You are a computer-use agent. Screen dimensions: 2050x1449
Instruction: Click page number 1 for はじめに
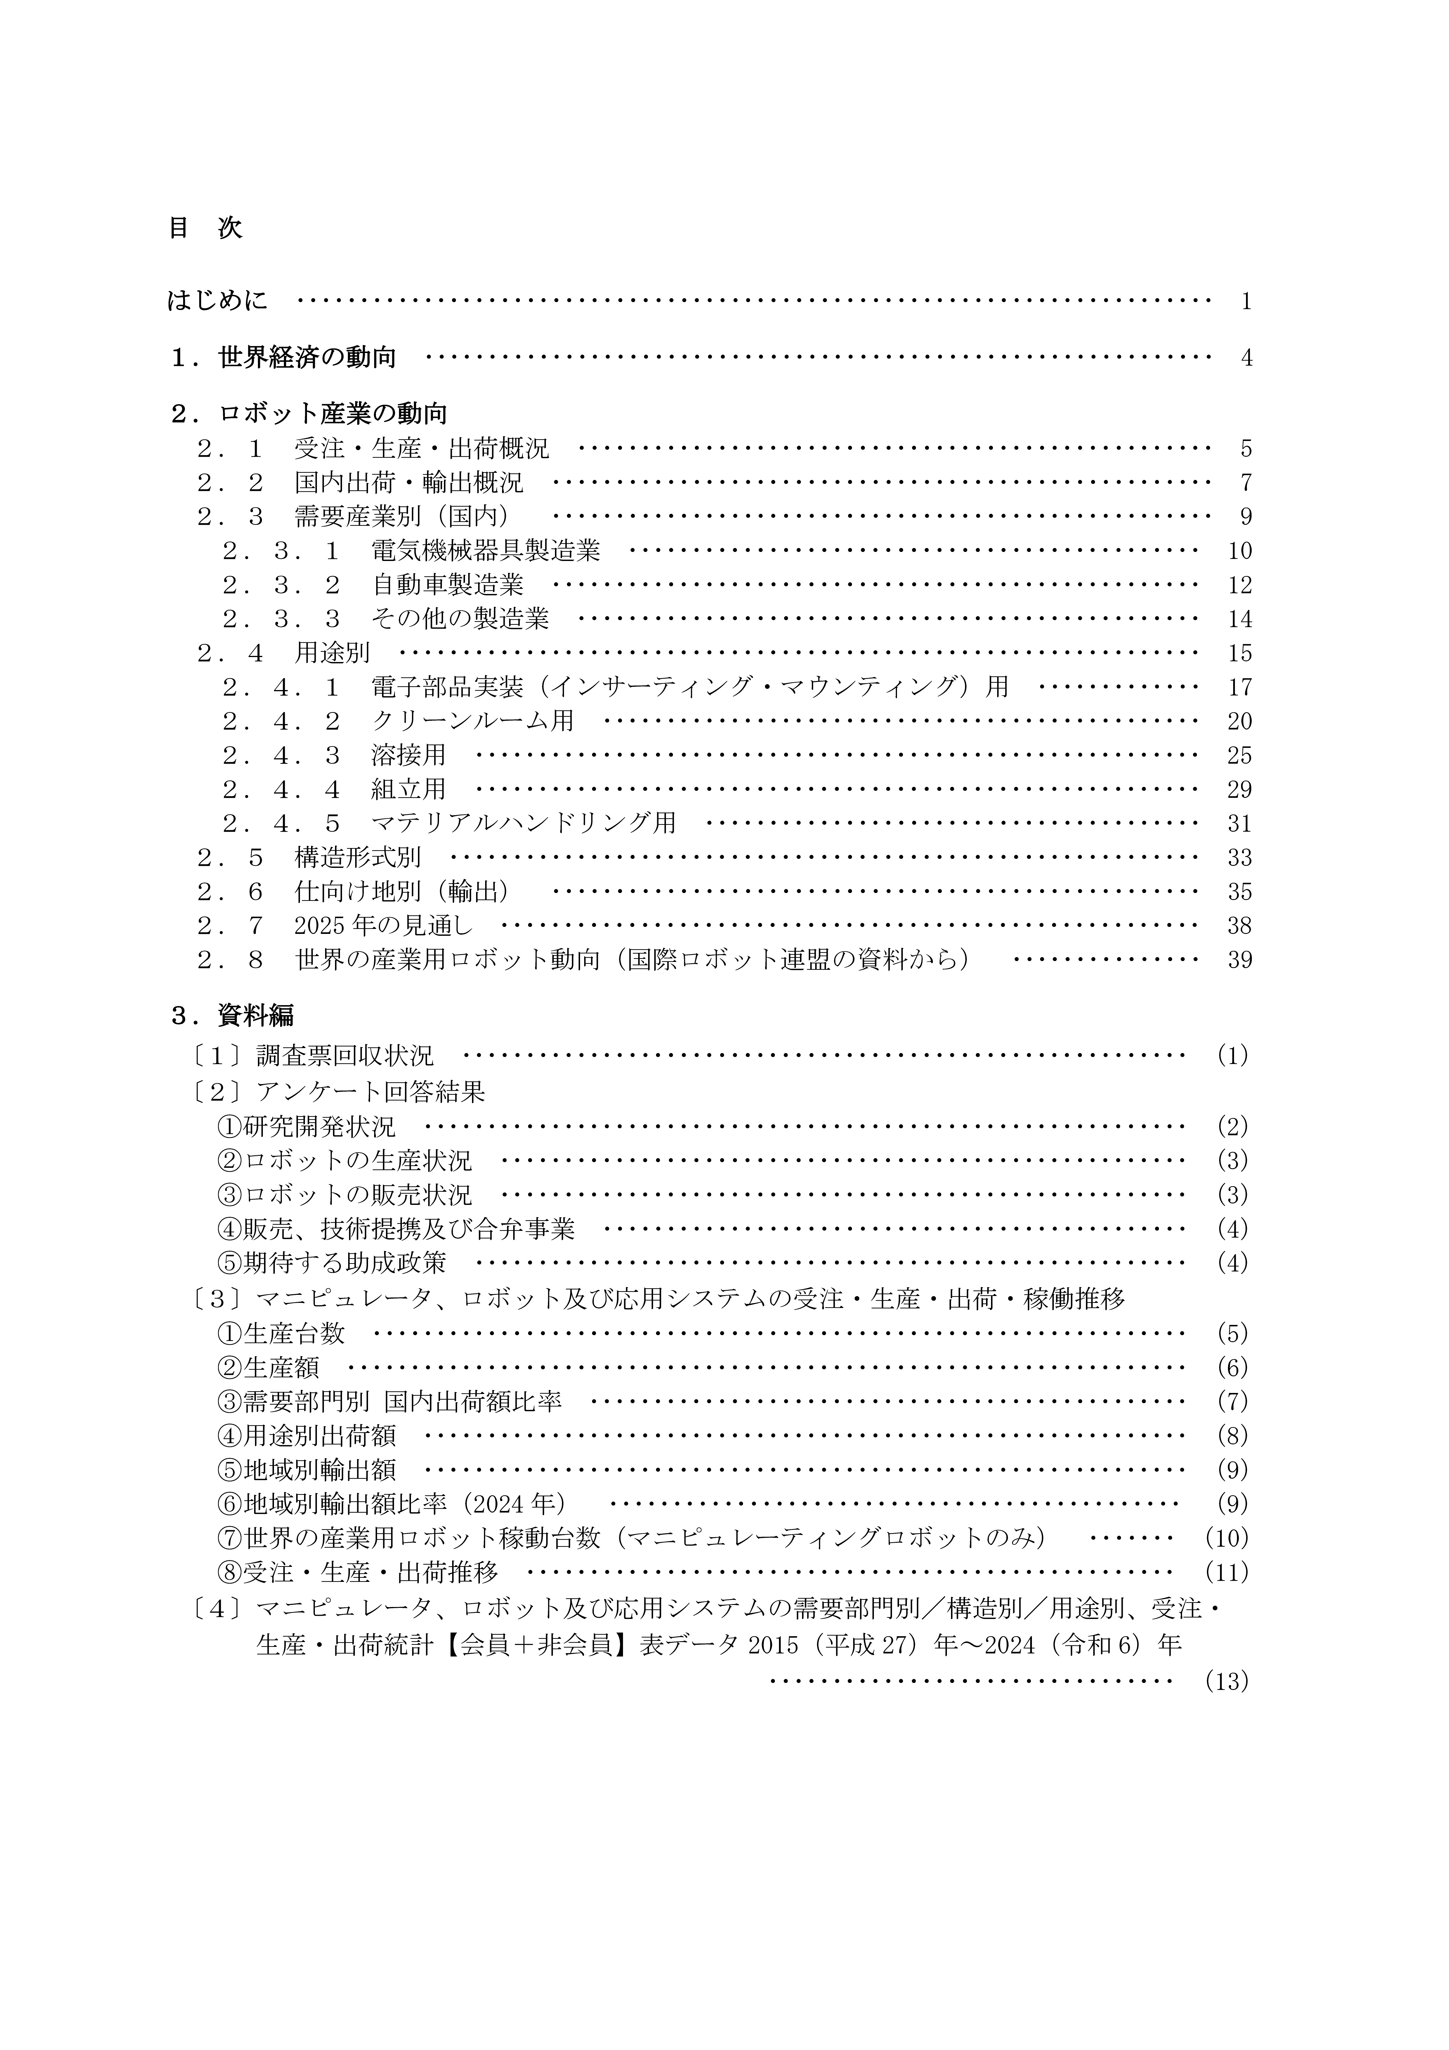pos(1245,302)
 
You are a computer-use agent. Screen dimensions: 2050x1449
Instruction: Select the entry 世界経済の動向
pos(306,358)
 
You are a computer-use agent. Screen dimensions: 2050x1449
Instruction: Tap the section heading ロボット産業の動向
pos(332,414)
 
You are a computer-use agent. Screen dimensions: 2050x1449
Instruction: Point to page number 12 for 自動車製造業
pos(1239,586)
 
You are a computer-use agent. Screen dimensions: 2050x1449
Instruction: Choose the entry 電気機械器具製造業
pos(486,551)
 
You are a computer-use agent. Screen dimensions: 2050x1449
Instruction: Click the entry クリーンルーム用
pos(472,721)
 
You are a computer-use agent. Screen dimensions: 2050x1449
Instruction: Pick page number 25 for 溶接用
pos(1239,756)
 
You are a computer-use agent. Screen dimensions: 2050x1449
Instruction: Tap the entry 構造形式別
pos(357,858)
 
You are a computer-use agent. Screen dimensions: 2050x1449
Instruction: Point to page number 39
pos(1239,961)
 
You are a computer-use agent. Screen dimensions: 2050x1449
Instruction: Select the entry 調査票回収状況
pos(345,1056)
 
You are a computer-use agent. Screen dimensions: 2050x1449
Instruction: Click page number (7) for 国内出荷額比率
pos(1232,1402)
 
